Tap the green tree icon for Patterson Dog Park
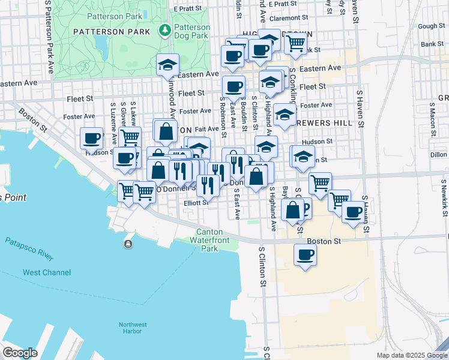click(x=164, y=29)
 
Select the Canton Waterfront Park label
click(x=210, y=240)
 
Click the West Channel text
click(x=47, y=272)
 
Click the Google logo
click(x=20, y=352)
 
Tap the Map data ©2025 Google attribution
click(x=411, y=355)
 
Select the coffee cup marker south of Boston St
click(x=304, y=254)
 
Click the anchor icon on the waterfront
click(x=128, y=244)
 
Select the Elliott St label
click(x=196, y=203)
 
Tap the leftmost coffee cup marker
click(x=92, y=139)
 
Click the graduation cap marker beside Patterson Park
click(x=167, y=64)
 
